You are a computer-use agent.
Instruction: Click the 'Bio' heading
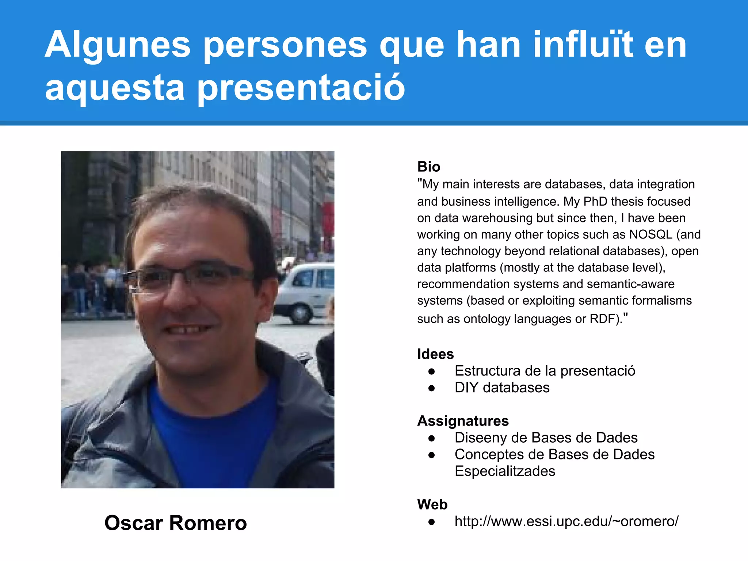(429, 167)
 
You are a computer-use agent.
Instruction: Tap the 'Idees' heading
(435, 354)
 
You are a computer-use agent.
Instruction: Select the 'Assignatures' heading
(463, 421)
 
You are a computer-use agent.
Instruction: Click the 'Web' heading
(432, 504)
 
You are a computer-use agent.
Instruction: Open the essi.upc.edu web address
(566, 521)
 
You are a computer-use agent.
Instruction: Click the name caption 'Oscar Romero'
(176, 523)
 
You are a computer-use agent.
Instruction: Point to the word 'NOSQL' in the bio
(650, 234)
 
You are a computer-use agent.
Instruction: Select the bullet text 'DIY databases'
(502, 388)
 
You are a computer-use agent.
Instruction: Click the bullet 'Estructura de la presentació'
(545, 371)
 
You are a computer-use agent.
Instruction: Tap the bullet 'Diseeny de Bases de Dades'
(546, 438)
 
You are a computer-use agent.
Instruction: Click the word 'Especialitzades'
(505, 471)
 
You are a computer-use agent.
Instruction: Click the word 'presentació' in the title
(301, 88)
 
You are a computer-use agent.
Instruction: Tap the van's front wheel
(301, 313)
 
